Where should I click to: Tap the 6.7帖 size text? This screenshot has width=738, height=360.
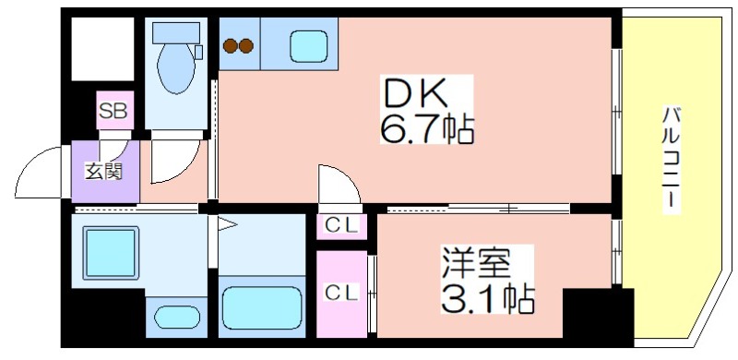pyautogui.click(x=426, y=128)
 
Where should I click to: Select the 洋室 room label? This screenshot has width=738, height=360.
pyautogui.click(x=475, y=264)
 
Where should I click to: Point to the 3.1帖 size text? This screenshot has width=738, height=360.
pyautogui.click(x=487, y=299)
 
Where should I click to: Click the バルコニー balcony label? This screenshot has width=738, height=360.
pyautogui.click(x=672, y=160)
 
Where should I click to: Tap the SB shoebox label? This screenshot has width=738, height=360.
pyautogui.click(x=113, y=112)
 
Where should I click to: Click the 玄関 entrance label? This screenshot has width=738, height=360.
pyautogui.click(x=103, y=172)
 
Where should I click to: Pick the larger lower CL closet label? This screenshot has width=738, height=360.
pyautogui.click(x=342, y=294)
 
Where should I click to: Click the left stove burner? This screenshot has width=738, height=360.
pyautogui.click(x=230, y=46)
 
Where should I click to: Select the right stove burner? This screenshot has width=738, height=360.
pyautogui.click(x=246, y=46)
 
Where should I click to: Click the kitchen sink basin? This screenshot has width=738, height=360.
pyautogui.click(x=308, y=46)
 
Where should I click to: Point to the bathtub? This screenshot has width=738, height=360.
pyautogui.click(x=262, y=308)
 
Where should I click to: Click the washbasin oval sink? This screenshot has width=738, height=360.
pyautogui.click(x=176, y=317)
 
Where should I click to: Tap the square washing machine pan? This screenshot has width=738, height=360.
pyautogui.click(x=111, y=253)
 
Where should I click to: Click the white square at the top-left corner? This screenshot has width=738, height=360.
pyautogui.click(x=102, y=50)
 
